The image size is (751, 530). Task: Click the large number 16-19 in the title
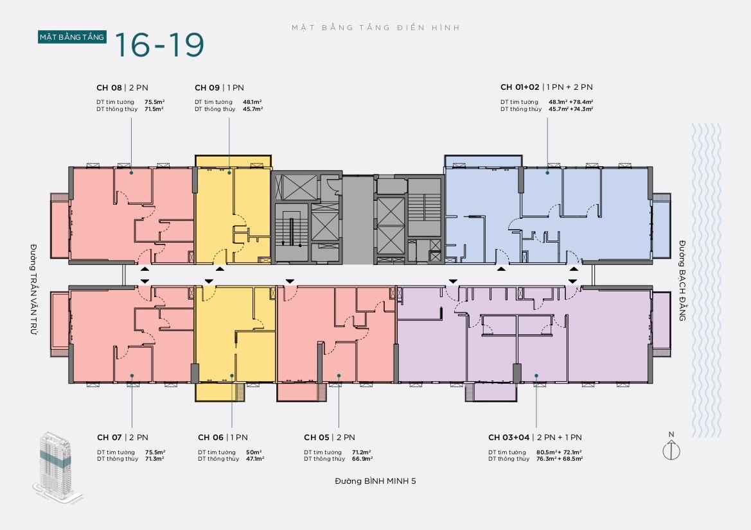tap(159, 45)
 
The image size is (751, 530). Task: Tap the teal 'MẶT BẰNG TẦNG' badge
tap(72, 37)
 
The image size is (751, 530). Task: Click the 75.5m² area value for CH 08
tap(155, 102)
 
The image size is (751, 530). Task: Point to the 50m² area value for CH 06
tap(254, 452)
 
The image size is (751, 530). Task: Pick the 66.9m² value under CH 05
tap(362, 459)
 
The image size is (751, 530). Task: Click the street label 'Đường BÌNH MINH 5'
tap(375, 481)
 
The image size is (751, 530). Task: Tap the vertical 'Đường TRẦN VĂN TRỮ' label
tap(33, 289)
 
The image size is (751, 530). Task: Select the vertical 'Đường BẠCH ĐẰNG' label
tap(682, 280)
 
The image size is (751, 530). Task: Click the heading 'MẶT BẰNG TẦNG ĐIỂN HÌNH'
tap(376, 28)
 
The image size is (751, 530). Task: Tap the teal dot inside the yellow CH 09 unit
tap(229, 172)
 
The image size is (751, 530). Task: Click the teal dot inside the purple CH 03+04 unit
tap(536, 376)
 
